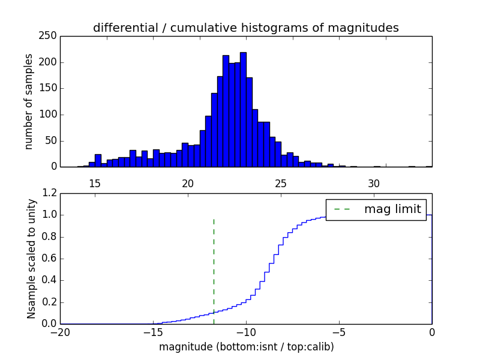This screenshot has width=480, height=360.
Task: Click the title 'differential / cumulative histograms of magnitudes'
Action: [245, 28]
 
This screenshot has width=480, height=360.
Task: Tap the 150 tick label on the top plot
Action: [49, 88]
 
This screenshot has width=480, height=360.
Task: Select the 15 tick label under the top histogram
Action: [95, 183]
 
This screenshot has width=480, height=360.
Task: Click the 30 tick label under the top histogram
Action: [374, 183]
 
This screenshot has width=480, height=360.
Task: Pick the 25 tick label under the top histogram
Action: [281, 183]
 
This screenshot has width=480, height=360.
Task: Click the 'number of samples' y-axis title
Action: [29, 101]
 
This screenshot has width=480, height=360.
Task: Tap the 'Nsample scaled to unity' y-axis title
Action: [32, 259]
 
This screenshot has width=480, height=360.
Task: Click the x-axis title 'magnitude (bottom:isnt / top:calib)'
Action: [246, 347]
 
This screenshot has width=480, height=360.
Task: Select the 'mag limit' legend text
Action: [392, 209]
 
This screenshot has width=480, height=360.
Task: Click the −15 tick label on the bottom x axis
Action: [152, 332]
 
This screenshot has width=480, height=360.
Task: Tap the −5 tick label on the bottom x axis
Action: [338, 332]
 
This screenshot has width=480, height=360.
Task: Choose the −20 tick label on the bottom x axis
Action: [59, 332]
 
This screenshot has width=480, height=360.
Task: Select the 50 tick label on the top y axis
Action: [51, 140]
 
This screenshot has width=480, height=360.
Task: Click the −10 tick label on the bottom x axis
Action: [245, 332]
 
